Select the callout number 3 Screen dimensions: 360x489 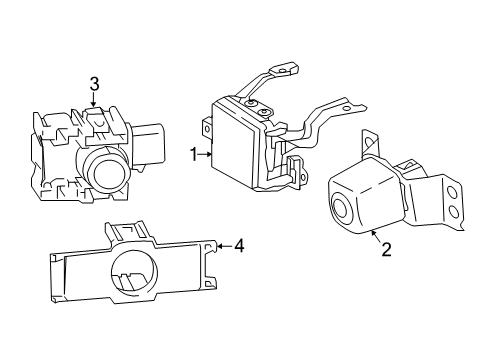tap(93, 87)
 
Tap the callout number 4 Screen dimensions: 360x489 tap(240, 244)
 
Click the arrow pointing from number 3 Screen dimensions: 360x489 tap(93, 102)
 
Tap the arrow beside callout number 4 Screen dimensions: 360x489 tap(224, 244)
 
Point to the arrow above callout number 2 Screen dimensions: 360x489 tap(375, 236)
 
